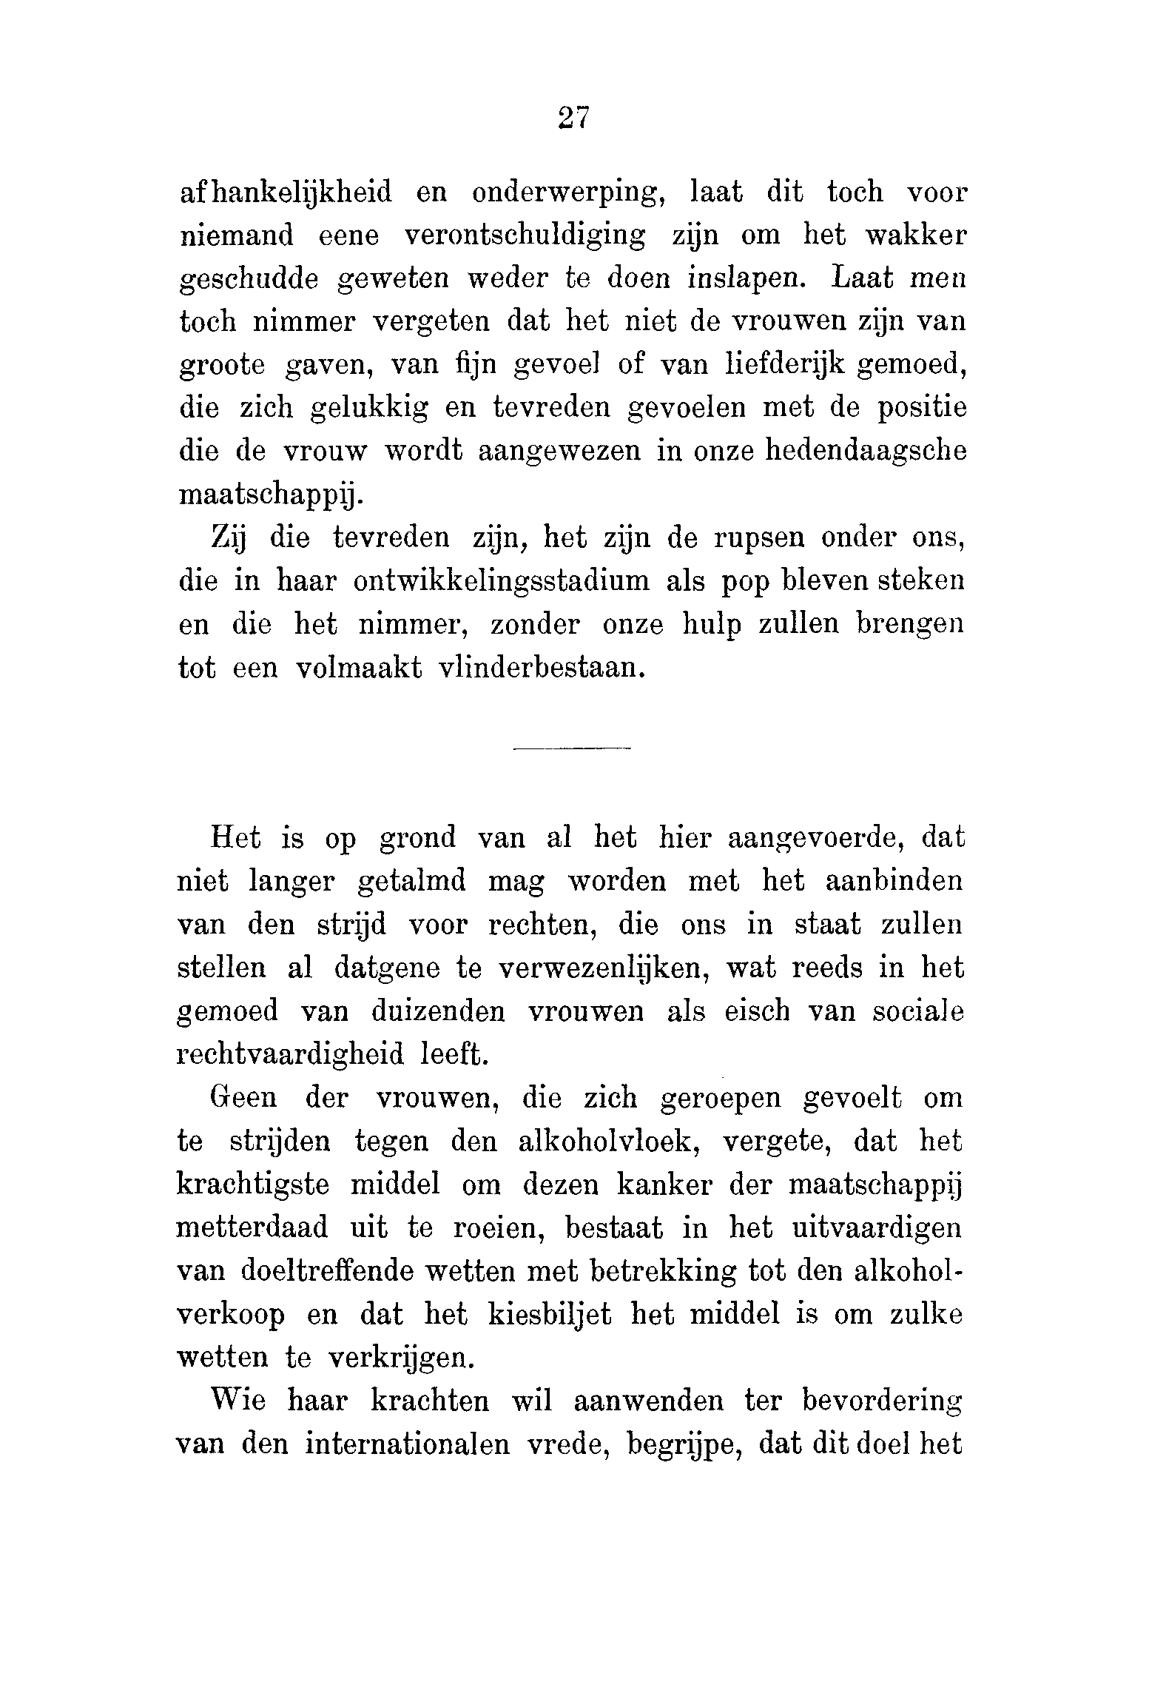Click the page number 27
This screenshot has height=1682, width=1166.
pyautogui.click(x=573, y=118)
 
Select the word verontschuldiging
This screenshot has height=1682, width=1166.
pyautogui.click(x=525, y=236)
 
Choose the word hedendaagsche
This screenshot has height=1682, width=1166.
pyautogui.click(x=866, y=452)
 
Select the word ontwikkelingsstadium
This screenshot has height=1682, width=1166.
pyautogui.click(x=502, y=581)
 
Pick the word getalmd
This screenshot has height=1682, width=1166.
pyautogui.click(x=411, y=882)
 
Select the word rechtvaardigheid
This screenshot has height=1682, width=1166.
pyautogui.click(x=291, y=1054)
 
